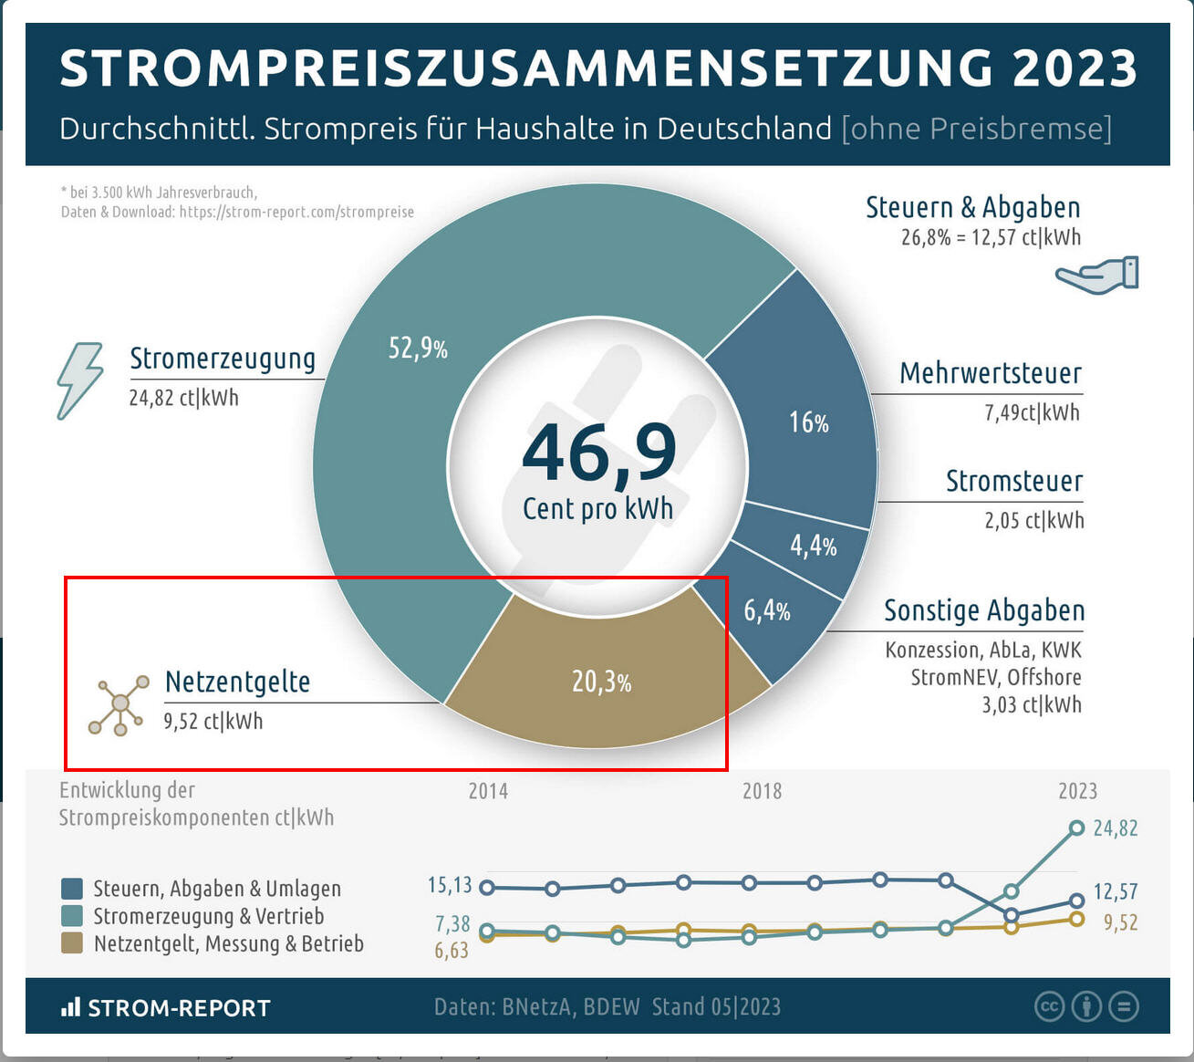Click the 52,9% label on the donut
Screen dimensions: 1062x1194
tap(418, 348)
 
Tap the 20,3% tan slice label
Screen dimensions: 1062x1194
tap(601, 682)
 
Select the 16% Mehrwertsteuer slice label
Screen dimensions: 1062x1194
tap(808, 422)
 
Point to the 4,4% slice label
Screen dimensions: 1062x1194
tap(813, 546)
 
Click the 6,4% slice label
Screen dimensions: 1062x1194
tap(766, 610)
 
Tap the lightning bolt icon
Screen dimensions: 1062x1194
tap(79, 380)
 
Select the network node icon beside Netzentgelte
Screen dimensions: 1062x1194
tap(119, 704)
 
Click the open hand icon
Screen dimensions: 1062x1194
tap(1097, 275)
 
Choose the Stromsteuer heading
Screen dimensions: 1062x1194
tap(1013, 481)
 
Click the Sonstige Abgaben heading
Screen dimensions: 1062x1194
tap(983, 610)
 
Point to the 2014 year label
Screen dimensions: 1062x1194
tap(488, 791)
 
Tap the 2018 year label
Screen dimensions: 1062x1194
tap(762, 791)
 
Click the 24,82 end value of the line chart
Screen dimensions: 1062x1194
tap(1115, 828)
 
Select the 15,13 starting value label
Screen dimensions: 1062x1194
tap(450, 885)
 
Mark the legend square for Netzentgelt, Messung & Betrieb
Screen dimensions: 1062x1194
tap(71, 943)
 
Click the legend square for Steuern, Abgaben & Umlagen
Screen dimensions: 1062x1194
tap(71, 889)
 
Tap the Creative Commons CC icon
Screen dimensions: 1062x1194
tap(1049, 1006)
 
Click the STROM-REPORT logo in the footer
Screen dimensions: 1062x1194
tap(166, 1007)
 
